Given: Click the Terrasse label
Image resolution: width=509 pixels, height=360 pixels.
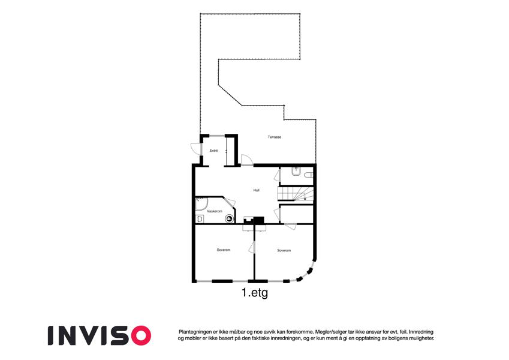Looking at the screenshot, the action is (275, 137).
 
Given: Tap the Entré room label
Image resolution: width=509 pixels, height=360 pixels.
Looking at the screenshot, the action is (213, 151).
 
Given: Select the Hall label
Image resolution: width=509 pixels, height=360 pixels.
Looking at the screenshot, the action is (256, 190).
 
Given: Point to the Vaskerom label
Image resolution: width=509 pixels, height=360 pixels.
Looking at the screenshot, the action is (215, 211).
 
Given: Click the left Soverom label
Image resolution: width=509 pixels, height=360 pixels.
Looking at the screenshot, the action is (224, 250).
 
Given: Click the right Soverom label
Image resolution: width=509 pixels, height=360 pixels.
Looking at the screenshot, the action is (284, 251).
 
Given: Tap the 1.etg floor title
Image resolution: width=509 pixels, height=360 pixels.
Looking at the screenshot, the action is (255, 293).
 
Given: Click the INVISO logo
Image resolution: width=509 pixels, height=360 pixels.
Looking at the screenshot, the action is (100, 335).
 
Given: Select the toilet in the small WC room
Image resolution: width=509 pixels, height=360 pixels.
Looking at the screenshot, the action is (308, 175).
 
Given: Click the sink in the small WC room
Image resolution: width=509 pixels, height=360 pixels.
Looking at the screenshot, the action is (296, 171).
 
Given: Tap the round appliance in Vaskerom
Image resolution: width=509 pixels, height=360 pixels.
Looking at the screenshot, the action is (230, 219).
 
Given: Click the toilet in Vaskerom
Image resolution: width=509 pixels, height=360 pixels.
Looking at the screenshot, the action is (199, 220).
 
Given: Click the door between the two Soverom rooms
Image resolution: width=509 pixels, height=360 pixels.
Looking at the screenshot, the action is (252, 247).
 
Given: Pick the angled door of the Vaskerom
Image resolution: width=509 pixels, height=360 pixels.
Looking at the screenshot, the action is (230, 202).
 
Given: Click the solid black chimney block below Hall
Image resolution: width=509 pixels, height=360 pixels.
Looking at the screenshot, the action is (259, 220).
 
